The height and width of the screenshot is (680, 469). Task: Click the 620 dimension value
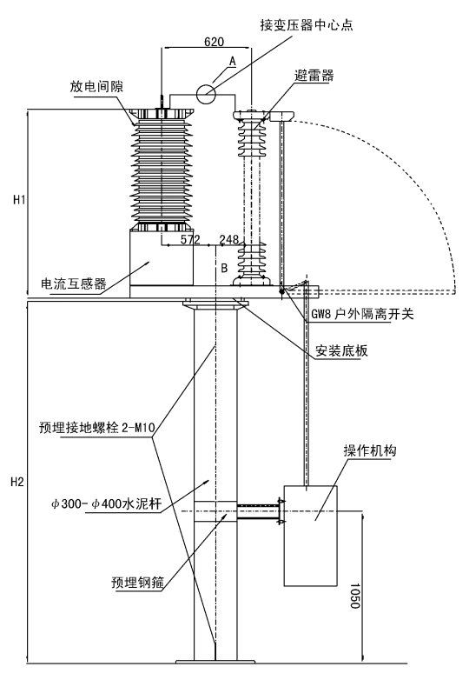click(x=214, y=42)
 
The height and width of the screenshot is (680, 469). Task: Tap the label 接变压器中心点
click(x=307, y=24)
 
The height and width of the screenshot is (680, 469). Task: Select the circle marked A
click(x=206, y=93)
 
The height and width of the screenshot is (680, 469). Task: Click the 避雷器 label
click(x=314, y=76)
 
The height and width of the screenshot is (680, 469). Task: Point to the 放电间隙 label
click(x=96, y=86)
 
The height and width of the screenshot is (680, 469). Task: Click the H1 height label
click(x=19, y=200)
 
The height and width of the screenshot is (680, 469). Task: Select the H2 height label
click(x=17, y=482)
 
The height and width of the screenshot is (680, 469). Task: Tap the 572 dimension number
click(x=190, y=240)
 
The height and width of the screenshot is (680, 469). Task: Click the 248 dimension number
click(x=229, y=240)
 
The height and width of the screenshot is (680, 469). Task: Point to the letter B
click(x=224, y=268)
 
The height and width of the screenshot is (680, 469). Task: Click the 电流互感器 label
click(x=74, y=283)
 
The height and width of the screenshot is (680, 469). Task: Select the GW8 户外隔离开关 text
click(x=362, y=314)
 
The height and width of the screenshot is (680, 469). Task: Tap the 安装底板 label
click(x=341, y=350)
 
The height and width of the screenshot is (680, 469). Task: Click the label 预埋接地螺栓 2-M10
click(x=96, y=428)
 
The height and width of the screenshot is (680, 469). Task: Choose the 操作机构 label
click(x=370, y=451)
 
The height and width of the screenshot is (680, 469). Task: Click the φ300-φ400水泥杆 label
click(x=107, y=504)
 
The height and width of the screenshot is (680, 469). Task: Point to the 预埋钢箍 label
click(x=138, y=583)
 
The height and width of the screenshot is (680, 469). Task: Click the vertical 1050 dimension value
click(x=355, y=596)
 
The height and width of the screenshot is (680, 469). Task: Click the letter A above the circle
click(x=233, y=61)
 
